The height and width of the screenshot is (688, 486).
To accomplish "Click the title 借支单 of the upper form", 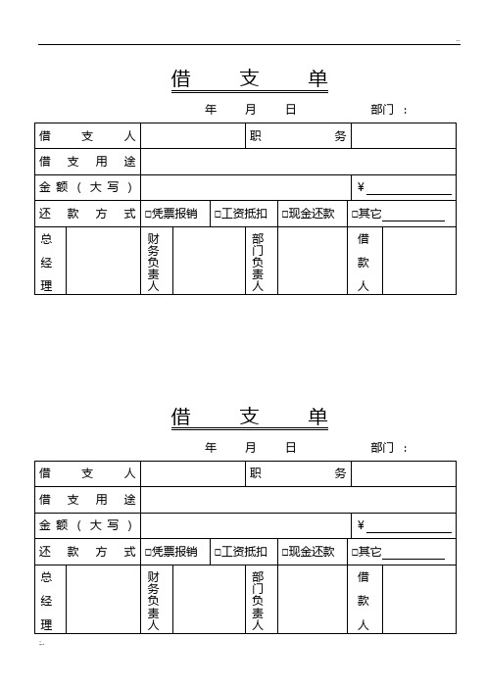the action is pos(249,78).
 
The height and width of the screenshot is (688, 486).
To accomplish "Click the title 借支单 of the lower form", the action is pos(249,417).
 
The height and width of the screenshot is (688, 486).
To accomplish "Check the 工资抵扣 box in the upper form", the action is pos(218,214).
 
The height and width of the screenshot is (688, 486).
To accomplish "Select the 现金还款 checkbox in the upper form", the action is pos(285,214).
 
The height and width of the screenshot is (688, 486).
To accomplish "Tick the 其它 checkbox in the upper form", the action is pos(356,214).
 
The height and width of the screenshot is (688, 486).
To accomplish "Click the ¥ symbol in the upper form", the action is pos(361,188).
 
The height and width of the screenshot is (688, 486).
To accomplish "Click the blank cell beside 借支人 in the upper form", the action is pos(192,136).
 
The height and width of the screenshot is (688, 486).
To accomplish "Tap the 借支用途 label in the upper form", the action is pos(87,162).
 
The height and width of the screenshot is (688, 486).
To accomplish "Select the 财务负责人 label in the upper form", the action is pos(153,262).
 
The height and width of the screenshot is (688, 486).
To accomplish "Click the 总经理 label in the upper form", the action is pos(46,262).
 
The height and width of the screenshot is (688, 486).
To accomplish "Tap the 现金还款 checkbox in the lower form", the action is pos(285,552).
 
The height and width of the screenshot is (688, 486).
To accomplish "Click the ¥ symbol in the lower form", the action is pos(361,526).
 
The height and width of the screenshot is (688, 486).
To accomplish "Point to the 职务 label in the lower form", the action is pos(298,474).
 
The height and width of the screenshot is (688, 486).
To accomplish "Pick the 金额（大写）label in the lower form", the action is pos(87,525).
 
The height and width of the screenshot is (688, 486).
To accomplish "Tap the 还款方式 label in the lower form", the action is pos(87,552).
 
